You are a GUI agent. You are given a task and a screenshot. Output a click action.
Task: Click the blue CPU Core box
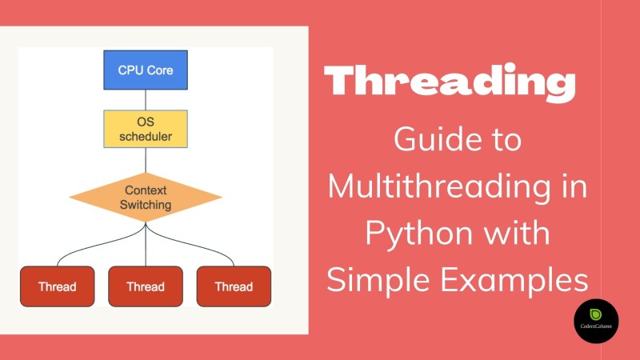(145, 70)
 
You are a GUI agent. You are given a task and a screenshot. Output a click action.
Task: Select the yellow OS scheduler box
(145, 128)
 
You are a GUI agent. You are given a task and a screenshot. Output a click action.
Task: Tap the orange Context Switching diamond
(145, 197)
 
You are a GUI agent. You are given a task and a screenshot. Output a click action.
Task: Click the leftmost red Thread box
(57, 286)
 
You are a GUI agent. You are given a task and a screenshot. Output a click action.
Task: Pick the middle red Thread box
(145, 286)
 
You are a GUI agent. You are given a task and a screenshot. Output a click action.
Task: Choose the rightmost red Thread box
(234, 286)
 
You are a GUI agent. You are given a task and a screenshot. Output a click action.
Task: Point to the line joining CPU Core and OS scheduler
(145, 99)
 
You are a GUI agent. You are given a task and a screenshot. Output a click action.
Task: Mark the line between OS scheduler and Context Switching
(145, 159)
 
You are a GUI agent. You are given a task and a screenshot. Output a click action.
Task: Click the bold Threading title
(450, 82)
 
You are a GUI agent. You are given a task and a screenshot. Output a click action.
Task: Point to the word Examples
(512, 279)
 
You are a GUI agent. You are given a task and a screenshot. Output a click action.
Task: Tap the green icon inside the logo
(596, 313)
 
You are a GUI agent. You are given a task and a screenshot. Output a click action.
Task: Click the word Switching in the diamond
(145, 205)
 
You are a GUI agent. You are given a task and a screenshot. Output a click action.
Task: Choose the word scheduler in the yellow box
(145, 136)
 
